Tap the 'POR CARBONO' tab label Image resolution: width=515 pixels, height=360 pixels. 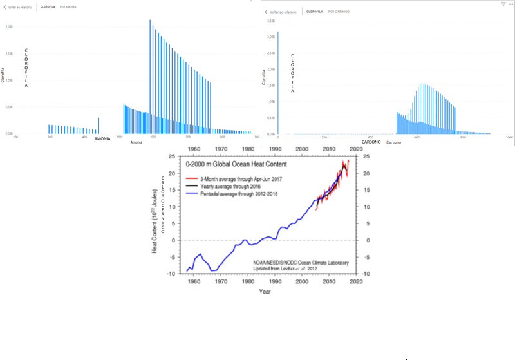[x=340, y=12]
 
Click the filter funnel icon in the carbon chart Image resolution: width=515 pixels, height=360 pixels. [x=503, y=4]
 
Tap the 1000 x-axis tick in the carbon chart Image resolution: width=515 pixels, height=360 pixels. [x=509, y=138]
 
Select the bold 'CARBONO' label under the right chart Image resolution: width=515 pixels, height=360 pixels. [x=370, y=142]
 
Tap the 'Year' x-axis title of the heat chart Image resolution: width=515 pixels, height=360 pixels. [x=265, y=292]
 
